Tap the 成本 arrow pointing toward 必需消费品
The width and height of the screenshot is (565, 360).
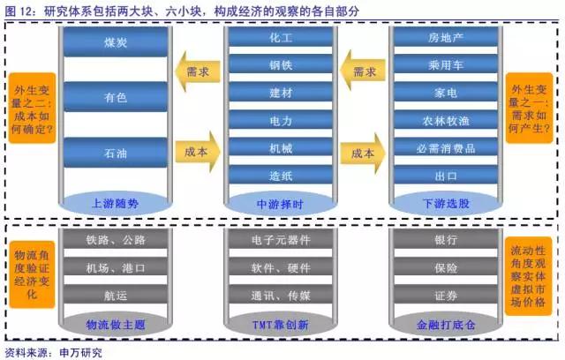click(x=362, y=152)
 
